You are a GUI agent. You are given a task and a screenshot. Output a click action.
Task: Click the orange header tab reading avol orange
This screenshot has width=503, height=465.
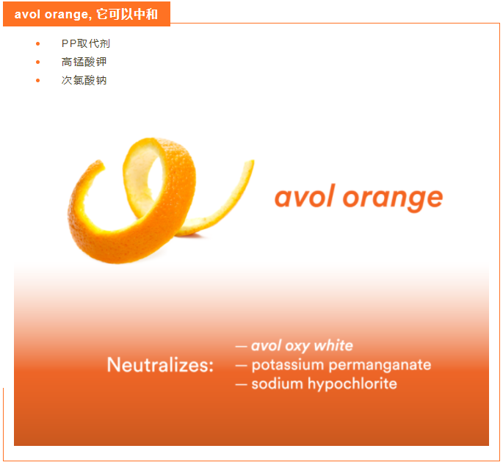87,14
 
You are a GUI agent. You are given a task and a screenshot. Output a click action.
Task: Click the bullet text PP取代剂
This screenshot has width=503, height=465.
86,43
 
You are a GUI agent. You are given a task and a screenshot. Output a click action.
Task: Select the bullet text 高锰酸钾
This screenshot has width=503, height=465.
84,62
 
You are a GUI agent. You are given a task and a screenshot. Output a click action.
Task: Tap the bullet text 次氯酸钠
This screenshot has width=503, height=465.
84,80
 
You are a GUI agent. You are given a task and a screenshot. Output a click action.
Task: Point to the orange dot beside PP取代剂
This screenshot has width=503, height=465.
38,43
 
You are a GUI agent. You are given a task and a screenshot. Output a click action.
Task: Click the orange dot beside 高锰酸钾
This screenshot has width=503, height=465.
38,62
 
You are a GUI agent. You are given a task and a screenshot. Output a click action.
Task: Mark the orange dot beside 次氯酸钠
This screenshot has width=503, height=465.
38,80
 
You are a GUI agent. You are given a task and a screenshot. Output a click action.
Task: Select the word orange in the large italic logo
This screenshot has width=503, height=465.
393,200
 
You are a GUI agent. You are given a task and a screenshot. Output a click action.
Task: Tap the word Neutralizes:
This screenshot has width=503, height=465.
160,365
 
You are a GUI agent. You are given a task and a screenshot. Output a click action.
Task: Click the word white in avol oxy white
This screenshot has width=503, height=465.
333,345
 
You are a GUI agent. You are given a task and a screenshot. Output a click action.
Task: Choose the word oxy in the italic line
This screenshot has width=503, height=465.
297,347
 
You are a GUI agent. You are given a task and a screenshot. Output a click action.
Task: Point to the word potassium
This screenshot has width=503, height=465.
288,365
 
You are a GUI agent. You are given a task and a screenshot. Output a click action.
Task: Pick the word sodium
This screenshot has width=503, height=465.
277,383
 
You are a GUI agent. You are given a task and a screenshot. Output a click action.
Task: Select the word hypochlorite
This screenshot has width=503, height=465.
352,383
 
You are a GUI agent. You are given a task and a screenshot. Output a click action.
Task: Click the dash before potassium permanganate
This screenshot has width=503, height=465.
242,366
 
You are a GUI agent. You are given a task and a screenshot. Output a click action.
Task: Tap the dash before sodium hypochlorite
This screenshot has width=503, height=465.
242,384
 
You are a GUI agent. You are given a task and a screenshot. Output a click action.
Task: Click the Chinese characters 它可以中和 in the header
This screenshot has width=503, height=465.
127,14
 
